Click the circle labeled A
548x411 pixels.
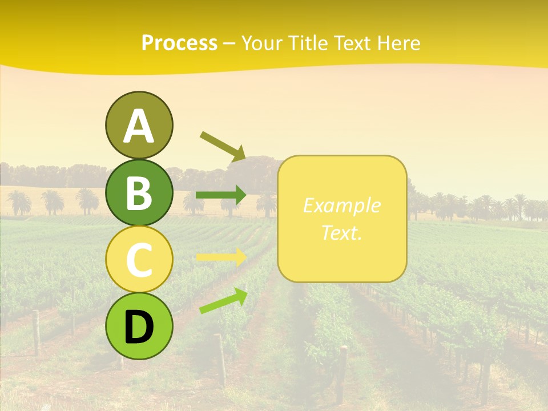(139, 125)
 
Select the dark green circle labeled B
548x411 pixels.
(139, 192)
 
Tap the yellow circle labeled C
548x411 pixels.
(139, 259)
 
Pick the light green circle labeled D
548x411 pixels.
(139, 326)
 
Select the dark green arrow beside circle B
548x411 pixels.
(221, 195)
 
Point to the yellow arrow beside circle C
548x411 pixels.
(221, 257)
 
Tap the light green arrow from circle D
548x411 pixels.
(223, 301)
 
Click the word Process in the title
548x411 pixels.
(179, 43)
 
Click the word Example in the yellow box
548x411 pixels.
(341, 205)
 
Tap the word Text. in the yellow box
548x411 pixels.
(341, 232)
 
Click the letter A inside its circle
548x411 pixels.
(139, 126)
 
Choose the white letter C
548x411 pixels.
(139, 260)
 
